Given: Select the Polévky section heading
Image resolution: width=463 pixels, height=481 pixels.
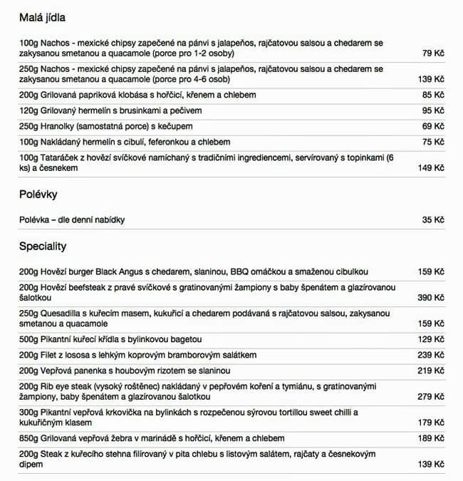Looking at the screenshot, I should [38, 194].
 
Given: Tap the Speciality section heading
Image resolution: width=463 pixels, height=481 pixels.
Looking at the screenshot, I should [43, 246].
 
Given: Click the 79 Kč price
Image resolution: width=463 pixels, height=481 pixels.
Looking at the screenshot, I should [432, 53].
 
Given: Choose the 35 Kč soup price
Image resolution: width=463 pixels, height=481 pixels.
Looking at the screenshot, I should [432, 220].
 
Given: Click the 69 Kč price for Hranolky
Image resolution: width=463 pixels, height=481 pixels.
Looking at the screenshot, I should [432, 126].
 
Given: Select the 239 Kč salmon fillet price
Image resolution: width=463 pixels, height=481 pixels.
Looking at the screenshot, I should [430, 355].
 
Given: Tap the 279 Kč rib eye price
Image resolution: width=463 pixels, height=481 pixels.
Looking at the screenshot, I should [430, 396].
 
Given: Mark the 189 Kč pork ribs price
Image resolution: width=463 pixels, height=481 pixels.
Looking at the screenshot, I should [430, 438].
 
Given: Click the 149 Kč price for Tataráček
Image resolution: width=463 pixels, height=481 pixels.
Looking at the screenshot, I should [430, 168].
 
